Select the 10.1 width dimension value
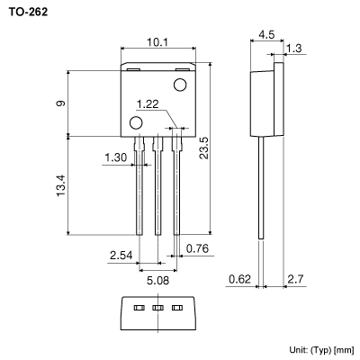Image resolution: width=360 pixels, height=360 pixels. pyautogui.click(x=157, y=40)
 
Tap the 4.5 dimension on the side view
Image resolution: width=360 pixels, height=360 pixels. pyautogui.click(x=266, y=36)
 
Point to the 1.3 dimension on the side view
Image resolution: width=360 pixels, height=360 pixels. pyautogui.click(x=293, y=49)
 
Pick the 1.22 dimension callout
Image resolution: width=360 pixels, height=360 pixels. pyautogui.click(x=148, y=104)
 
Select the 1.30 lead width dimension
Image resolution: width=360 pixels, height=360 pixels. pyautogui.click(x=115, y=157)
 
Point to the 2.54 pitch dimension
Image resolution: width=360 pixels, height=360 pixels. pyautogui.click(x=121, y=256)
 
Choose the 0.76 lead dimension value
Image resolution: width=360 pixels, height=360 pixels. pyautogui.click(x=198, y=247)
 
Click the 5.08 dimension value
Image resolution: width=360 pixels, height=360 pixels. pyautogui.click(x=157, y=279)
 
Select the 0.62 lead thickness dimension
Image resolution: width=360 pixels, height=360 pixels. pyautogui.click(x=238, y=280)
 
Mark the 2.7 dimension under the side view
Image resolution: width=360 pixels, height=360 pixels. pyautogui.click(x=293, y=280)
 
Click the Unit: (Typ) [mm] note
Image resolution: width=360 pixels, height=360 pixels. pyautogui.click(x=321, y=347)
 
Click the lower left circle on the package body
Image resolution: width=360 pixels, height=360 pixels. pyautogui.click(x=136, y=122)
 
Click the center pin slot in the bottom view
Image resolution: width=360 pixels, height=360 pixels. pyautogui.click(x=157, y=309)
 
